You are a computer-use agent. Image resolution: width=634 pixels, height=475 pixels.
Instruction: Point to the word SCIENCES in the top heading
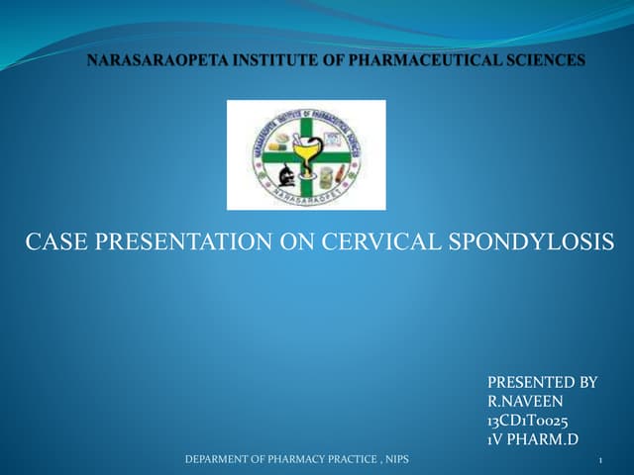coord(542,61)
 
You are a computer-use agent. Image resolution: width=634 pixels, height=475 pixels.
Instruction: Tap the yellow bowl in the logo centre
coord(306,151)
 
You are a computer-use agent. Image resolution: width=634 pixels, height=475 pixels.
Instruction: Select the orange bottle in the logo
coord(340,173)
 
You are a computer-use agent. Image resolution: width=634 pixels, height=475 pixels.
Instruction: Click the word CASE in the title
coord(53,240)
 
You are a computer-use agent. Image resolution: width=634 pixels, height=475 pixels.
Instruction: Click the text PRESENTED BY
coord(542,382)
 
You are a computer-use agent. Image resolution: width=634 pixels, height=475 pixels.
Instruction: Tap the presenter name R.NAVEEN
coord(526,401)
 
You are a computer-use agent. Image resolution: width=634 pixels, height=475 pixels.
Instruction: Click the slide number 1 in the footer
coord(601,460)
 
